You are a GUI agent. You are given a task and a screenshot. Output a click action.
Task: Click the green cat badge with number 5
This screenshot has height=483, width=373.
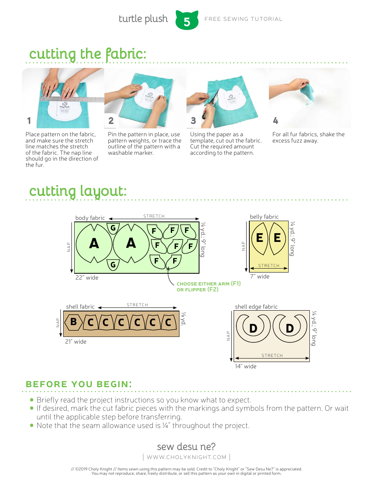click(187, 21)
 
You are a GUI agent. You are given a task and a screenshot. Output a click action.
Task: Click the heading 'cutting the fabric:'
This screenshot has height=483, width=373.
click(88, 54)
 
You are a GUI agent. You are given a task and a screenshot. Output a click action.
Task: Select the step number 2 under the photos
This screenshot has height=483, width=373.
click(111, 121)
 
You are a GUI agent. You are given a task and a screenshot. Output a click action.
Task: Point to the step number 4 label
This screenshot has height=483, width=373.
click(276, 121)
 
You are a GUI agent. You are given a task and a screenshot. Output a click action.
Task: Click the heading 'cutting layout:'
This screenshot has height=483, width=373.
click(78, 191)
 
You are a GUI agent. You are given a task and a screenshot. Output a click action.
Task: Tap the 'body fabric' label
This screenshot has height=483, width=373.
click(90, 218)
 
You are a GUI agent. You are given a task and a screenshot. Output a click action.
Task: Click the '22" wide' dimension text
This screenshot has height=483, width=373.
click(87, 278)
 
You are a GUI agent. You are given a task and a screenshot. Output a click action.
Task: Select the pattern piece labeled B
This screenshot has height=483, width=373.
click(73, 322)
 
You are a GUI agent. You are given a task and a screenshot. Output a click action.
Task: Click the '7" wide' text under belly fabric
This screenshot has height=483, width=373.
click(260, 276)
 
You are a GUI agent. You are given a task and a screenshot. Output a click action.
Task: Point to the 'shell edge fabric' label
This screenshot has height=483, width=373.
click(256, 307)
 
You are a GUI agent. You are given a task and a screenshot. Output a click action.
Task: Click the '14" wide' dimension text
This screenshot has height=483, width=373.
click(245, 366)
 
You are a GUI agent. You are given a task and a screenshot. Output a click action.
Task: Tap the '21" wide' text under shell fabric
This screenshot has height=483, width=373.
click(76, 342)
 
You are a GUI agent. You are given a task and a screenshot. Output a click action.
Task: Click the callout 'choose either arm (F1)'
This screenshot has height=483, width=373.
click(208, 284)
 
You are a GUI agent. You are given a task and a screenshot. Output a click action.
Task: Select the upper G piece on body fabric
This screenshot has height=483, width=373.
click(113, 228)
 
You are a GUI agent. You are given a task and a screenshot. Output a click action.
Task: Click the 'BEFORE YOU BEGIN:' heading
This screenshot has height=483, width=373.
click(79, 384)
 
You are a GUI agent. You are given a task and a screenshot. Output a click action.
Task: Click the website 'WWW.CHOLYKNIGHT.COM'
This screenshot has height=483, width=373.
click(186, 457)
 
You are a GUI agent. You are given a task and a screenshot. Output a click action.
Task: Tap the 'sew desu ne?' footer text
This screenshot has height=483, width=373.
click(186, 446)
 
